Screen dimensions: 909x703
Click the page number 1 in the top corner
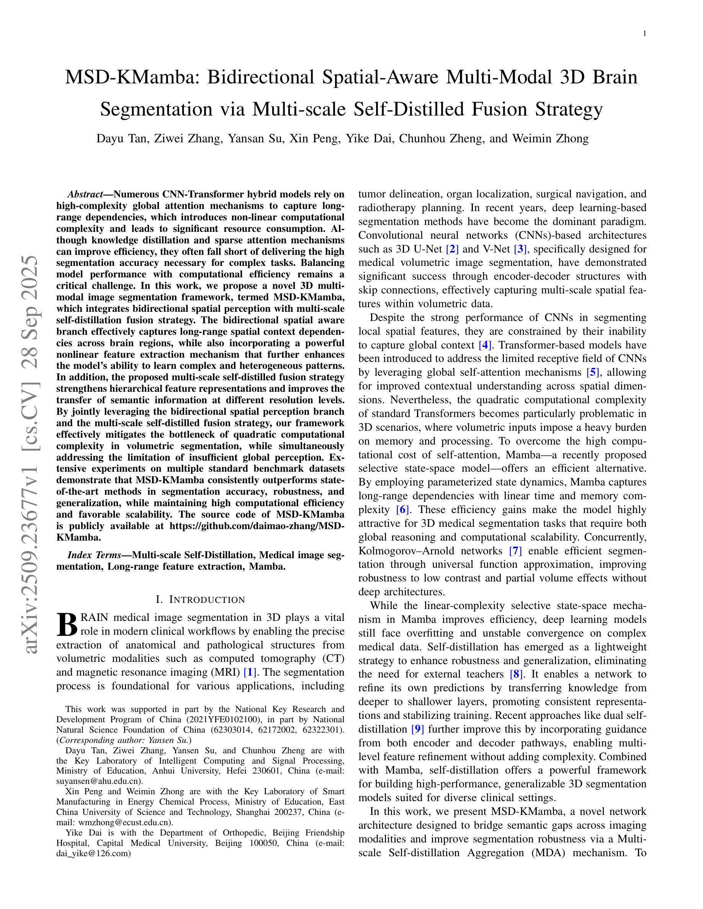tap(644, 34)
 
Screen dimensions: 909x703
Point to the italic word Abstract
tap(85, 194)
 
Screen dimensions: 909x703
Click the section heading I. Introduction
tap(200, 599)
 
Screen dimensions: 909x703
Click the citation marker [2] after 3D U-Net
tap(452, 249)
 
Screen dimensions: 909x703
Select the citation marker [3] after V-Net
tap(521, 249)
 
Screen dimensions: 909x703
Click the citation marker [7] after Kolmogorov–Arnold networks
tap(516, 551)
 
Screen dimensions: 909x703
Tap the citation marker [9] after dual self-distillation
tap(418, 729)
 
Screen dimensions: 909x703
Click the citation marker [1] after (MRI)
tap(250, 672)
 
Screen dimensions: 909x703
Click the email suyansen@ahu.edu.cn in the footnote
tap(99, 781)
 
